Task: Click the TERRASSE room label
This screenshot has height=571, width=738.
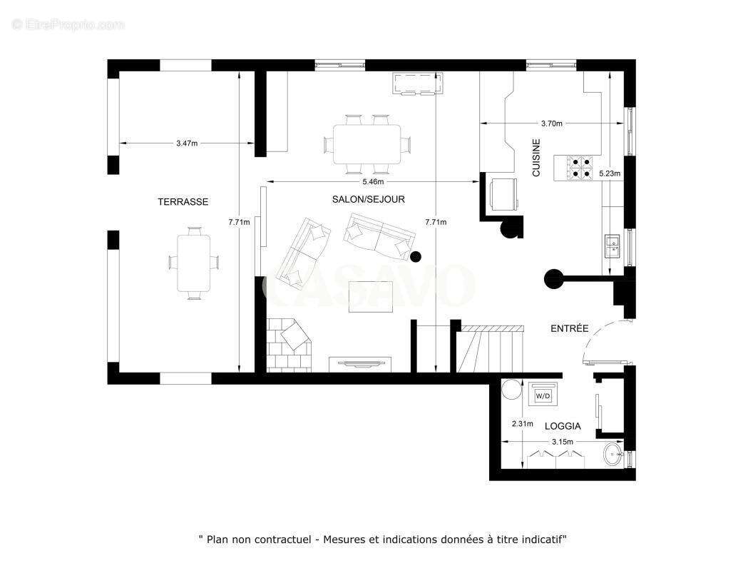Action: point(183,202)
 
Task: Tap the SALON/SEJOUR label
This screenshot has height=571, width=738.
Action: point(368,199)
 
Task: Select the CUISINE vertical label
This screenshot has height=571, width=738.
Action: point(536,158)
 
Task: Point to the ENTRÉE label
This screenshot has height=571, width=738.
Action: point(570,328)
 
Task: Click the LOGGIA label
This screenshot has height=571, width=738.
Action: point(563,426)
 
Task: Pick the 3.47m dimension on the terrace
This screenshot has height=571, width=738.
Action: point(187,143)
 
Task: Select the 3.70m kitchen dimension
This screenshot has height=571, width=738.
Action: point(551,123)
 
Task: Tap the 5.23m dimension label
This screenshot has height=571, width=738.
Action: point(610,173)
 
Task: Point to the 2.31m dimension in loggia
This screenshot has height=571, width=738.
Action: point(523,423)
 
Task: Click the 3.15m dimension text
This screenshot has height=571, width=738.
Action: point(562,442)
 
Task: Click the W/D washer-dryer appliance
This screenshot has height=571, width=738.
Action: point(543,395)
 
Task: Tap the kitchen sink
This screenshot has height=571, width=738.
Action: point(613,245)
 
